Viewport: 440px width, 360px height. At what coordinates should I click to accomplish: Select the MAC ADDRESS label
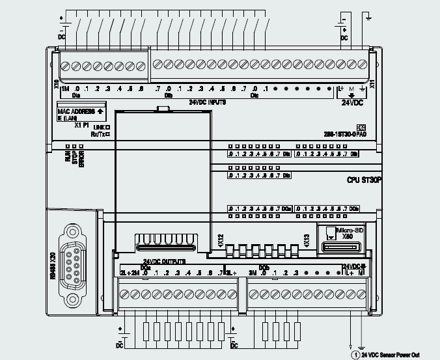[x=76, y=111]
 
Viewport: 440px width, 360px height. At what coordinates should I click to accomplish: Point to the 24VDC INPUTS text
[x=208, y=102]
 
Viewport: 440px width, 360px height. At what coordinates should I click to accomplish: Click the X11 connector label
[x=372, y=84]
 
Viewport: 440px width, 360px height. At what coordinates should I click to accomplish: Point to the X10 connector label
[x=57, y=85]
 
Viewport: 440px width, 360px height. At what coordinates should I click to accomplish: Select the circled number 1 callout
[x=355, y=355]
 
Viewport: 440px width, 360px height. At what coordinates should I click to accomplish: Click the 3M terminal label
[x=251, y=273]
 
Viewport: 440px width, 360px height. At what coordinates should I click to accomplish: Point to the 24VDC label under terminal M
[x=351, y=102]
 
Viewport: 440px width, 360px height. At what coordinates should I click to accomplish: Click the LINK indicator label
[x=99, y=127]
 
